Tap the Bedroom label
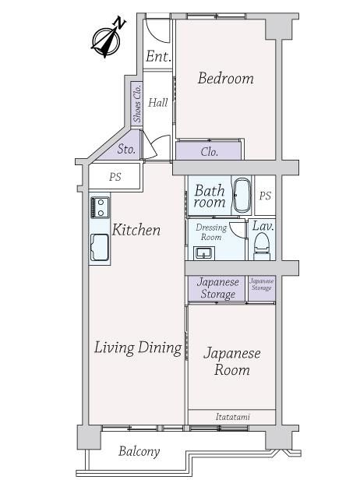click(x=226, y=78)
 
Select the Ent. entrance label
click(x=157, y=56)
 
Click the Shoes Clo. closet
click(x=136, y=103)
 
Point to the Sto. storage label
click(x=126, y=150)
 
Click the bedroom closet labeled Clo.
click(x=209, y=151)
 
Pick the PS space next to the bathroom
click(x=265, y=196)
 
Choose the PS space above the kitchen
click(x=115, y=177)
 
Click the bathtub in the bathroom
click(x=242, y=196)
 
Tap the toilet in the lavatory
click(x=261, y=246)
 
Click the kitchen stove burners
click(x=100, y=207)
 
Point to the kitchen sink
click(x=100, y=247)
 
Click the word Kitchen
click(x=136, y=230)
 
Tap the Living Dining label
click(x=138, y=348)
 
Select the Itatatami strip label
click(x=233, y=417)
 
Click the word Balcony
click(x=139, y=452)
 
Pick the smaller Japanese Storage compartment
click(x=262, y=288)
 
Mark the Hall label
click(x=158, y=103)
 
